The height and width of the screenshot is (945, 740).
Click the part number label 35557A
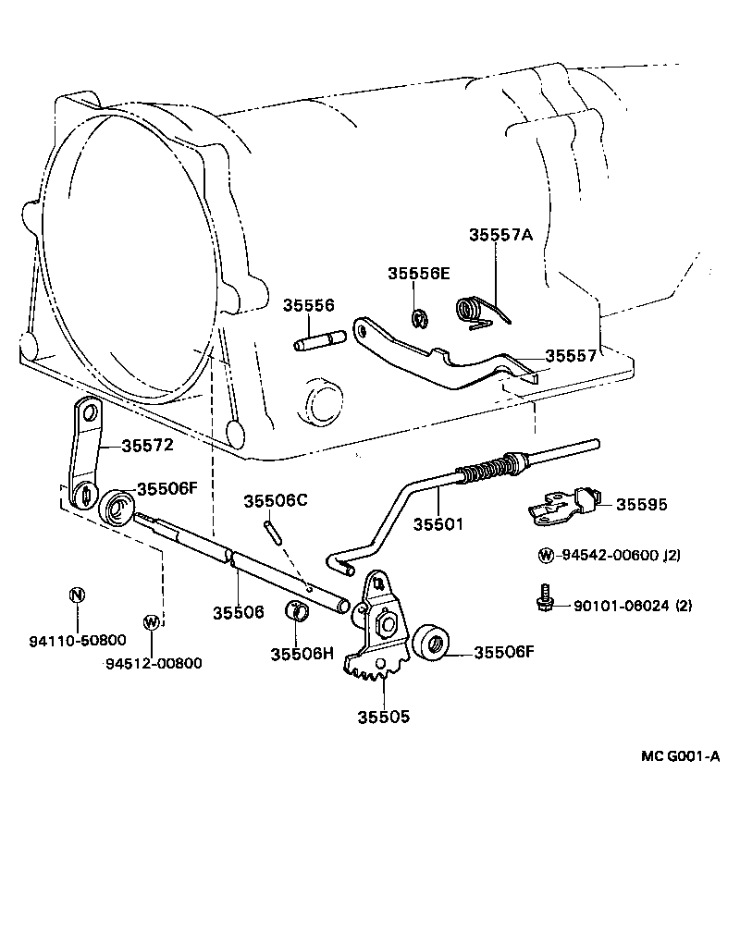point(500,235)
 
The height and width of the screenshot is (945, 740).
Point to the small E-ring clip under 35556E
point(417,319)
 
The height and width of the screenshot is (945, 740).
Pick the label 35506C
point(274,500)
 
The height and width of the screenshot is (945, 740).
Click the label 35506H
point(302,654)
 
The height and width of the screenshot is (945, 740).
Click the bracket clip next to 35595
point(559,505)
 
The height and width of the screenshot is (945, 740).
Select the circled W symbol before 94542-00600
point(546,556)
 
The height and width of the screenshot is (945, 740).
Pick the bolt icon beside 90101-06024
point(546,597)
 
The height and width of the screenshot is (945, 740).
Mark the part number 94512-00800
point(153,662)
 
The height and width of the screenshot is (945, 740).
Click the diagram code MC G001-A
point(681,756)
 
